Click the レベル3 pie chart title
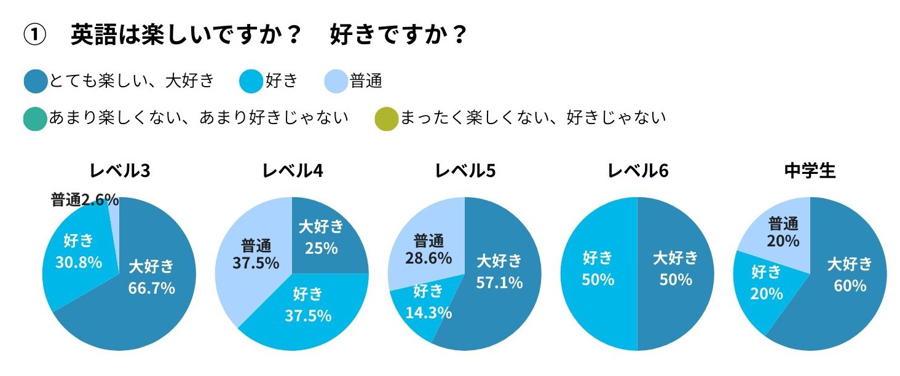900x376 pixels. (120, 171)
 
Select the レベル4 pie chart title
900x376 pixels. (292, 171)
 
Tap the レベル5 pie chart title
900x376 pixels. (465, 171)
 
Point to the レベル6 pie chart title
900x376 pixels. (637, 171)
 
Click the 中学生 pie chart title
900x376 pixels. (810, 171)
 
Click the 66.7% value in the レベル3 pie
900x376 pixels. (151, 288)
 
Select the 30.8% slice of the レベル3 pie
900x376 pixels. (78, 262)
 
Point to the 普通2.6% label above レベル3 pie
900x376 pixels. (84, 200)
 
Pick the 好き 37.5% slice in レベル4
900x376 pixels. (307, 305)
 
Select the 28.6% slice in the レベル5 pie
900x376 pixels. (428, 249)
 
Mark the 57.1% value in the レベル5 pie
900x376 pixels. (499, 282)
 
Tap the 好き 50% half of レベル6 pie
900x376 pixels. (598, 268)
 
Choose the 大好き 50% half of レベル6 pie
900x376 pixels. (676, 268)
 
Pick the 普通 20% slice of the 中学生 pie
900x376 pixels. (783, 232)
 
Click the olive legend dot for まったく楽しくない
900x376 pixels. (385, 117)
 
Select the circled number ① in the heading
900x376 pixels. (35, 35)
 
